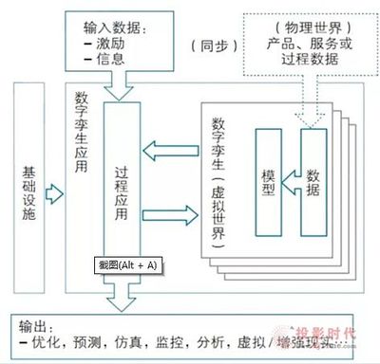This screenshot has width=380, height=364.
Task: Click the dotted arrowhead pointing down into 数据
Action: [x=308, y=118]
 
